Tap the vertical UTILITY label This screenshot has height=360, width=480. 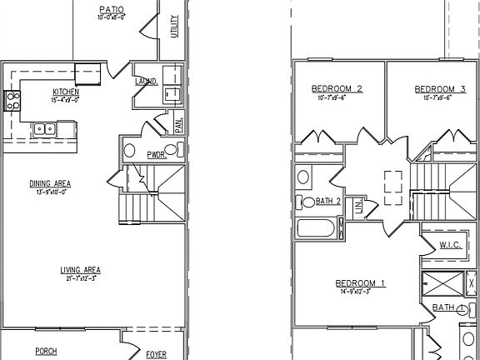click(174, 27)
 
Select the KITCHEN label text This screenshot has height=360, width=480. click(66, 92)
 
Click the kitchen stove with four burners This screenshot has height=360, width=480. click(12, 102)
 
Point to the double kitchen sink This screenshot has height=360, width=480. click(44, 129)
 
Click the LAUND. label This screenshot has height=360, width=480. click(147, 82)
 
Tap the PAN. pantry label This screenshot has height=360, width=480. click(179, 125)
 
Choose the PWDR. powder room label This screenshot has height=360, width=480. click(157, 154)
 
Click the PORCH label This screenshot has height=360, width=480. click(46, 352)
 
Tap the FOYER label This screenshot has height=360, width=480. click(156, 353)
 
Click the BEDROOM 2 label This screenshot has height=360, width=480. click(337, 89)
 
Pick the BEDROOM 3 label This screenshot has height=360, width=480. click(439, 89)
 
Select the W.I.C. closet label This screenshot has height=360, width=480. click(451, 244)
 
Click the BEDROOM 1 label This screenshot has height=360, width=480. click(360, 283)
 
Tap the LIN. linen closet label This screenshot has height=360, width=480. click(359, 207)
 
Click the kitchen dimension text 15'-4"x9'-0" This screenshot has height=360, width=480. click(66, 100)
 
